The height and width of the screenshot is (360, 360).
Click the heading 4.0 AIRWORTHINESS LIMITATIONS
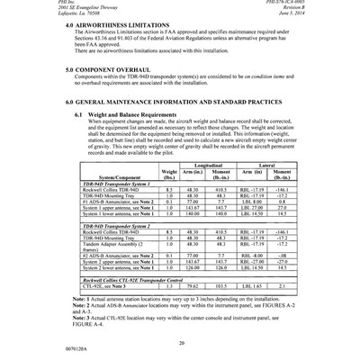pyautogui.click(x=126, y=26)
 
